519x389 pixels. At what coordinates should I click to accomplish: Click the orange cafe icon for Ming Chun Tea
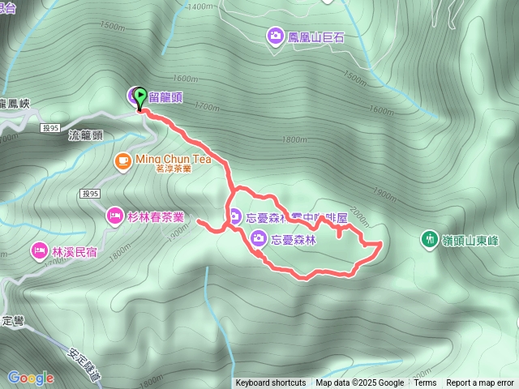122,160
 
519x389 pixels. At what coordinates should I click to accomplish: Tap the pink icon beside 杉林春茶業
114,216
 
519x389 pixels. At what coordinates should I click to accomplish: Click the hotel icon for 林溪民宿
39,251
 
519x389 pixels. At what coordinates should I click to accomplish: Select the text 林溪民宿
74,252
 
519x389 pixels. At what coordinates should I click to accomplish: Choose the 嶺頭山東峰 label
471,240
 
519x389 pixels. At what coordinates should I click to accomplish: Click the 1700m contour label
207,106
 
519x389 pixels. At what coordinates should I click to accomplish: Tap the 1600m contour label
185,78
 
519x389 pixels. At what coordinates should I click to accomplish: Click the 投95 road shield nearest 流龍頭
49,128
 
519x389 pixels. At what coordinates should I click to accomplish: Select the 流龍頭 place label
86,136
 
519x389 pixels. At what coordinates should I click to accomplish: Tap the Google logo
30,378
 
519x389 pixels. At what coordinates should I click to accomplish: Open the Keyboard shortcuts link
271,383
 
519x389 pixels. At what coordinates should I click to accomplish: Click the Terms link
425,383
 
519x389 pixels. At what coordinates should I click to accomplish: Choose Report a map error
480,383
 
